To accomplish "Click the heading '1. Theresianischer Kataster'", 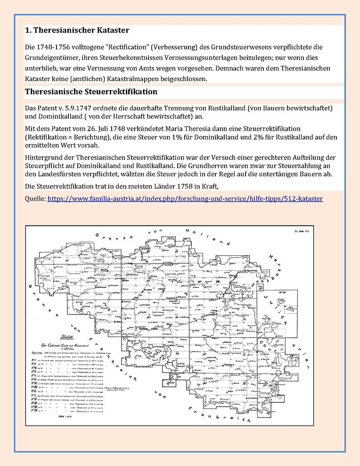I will pos(77,31).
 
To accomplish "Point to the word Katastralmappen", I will pos(138,79).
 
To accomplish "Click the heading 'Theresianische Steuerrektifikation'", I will pos(91,91).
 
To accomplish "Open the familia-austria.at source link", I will pos(185,199).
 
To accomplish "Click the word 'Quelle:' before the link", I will pos(35,199).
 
